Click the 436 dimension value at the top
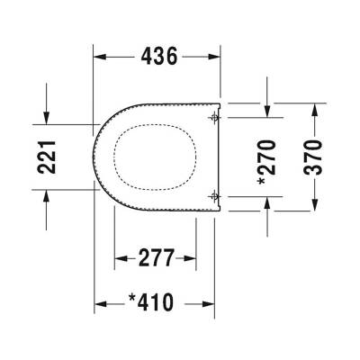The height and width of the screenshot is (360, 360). pyautogui.click(x=157, y=56)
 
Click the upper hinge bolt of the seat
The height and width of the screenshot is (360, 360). pyautogui.click(x=212, y=117)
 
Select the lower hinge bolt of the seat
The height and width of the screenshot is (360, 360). pyautogui.click(x=212, y=195)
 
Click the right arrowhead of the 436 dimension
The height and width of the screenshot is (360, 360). pyautogui.click(x=215, y=56)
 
